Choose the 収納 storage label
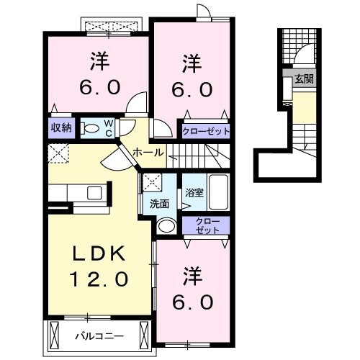click(60, 128)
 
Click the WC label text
click(107, 128)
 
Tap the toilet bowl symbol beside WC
click(89, 129)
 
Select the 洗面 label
click(160, 204)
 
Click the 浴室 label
click(194, 193)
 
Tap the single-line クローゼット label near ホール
click(206, 132)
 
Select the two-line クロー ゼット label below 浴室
click(206, 226)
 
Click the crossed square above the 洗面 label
click(151, 183)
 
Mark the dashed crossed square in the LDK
click(57, 153)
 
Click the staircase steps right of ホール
click(209, 153)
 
